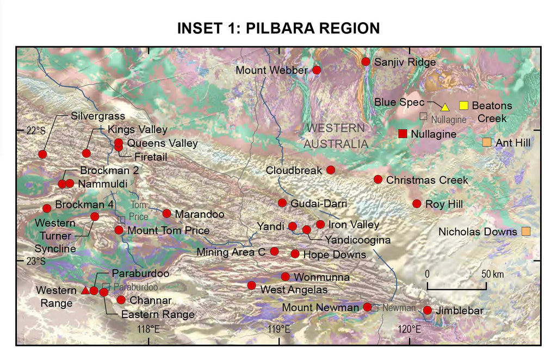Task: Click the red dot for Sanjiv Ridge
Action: click(x=366, y=62)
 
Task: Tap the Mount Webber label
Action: click(x=271, y=70)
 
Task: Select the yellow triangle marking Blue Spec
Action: click(x=445, y=107)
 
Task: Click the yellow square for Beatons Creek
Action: click(x=464, y=105)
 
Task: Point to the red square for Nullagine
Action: click(x=403, y=134)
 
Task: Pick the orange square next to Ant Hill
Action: click(x=487, y=142)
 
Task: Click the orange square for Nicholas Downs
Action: click(x=526, y=232)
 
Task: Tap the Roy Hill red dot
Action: click(x=417, y=204)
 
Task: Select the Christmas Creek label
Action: click(x=427, y=180)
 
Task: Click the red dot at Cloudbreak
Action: click(x=331, y=170)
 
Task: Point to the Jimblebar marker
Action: click(x=428, y=311)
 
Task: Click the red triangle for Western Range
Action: click(x=85, y=290)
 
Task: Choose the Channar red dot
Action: click(x=121, y=300)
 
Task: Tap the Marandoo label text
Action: click(x=200, y=214)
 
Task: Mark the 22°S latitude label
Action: click(x=36, y=131)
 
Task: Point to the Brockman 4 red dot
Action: click(x=47, y=208)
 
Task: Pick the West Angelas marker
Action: click(x=251, y=285)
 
